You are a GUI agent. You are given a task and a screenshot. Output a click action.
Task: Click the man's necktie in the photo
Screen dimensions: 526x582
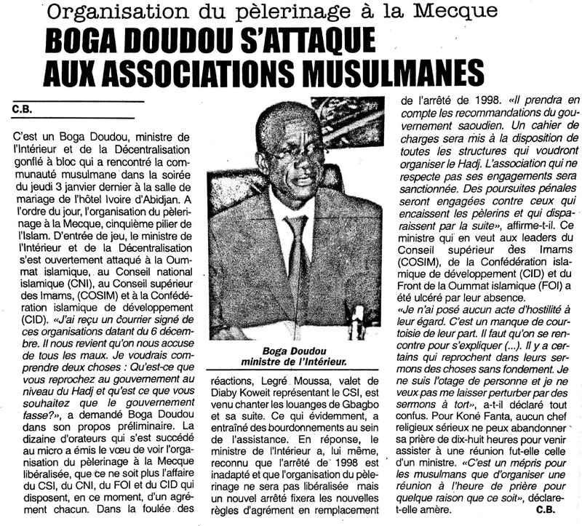(298, 247)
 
